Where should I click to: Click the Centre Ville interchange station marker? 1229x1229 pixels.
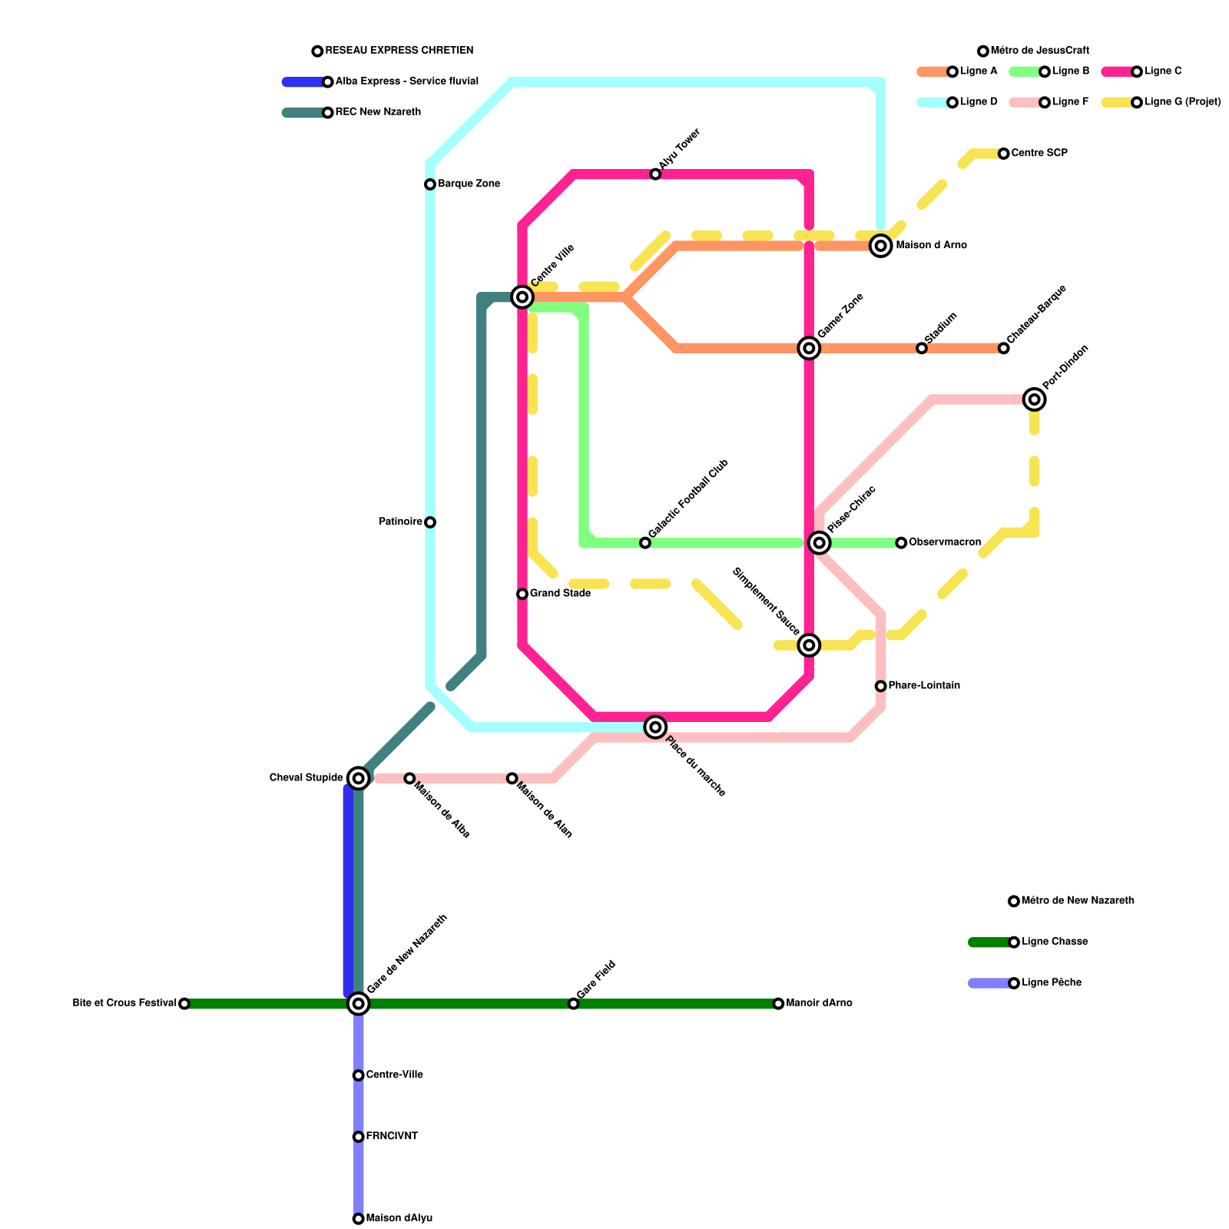[522, 296]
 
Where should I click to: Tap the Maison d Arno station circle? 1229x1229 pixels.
[881, 246]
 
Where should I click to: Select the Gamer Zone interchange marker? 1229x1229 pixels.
[809, 348]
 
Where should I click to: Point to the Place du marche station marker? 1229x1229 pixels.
[655, 727]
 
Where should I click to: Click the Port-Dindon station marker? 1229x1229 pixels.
[1035, 399]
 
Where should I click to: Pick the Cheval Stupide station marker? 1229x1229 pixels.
[358, 778]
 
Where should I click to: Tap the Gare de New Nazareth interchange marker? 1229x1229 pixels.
[358, 1003]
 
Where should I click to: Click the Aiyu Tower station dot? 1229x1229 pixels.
[655, 174]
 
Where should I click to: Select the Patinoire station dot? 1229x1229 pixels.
[430, 522]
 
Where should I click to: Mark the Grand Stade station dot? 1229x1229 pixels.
[522, 594]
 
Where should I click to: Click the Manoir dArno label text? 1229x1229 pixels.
[819, 1003]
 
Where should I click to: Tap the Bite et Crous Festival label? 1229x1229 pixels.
[124, 1003]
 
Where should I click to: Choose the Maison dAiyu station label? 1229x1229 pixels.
[399, 1218]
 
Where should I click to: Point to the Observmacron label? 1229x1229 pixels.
[944, 542]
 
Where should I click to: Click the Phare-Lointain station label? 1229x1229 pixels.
[924, 686]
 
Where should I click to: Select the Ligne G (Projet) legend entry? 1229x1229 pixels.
[1182, 102]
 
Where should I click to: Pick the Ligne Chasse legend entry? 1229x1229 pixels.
[1055, 942]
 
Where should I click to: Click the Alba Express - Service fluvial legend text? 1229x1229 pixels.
[406, 81]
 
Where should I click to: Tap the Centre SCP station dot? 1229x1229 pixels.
[1004, 154]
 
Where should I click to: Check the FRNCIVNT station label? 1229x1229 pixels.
[392, 1136]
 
